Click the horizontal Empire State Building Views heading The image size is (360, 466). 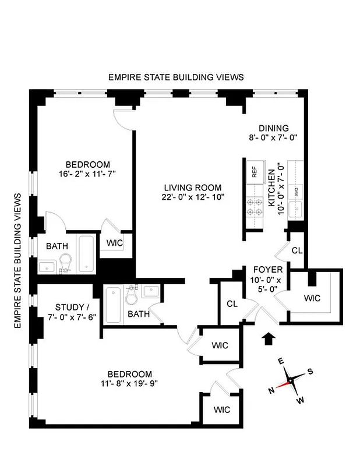176,77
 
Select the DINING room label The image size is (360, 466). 273,129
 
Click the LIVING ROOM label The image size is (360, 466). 192,188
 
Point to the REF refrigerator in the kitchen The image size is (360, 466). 254,172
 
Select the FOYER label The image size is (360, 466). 268,270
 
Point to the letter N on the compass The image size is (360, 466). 271,390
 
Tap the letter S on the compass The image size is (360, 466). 310,372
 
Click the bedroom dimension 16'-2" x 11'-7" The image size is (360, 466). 87,174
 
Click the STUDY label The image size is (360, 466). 70,307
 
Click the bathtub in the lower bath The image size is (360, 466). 114,306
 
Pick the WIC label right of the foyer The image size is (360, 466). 312,298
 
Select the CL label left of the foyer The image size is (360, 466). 231,303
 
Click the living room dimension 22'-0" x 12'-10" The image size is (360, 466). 192,197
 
